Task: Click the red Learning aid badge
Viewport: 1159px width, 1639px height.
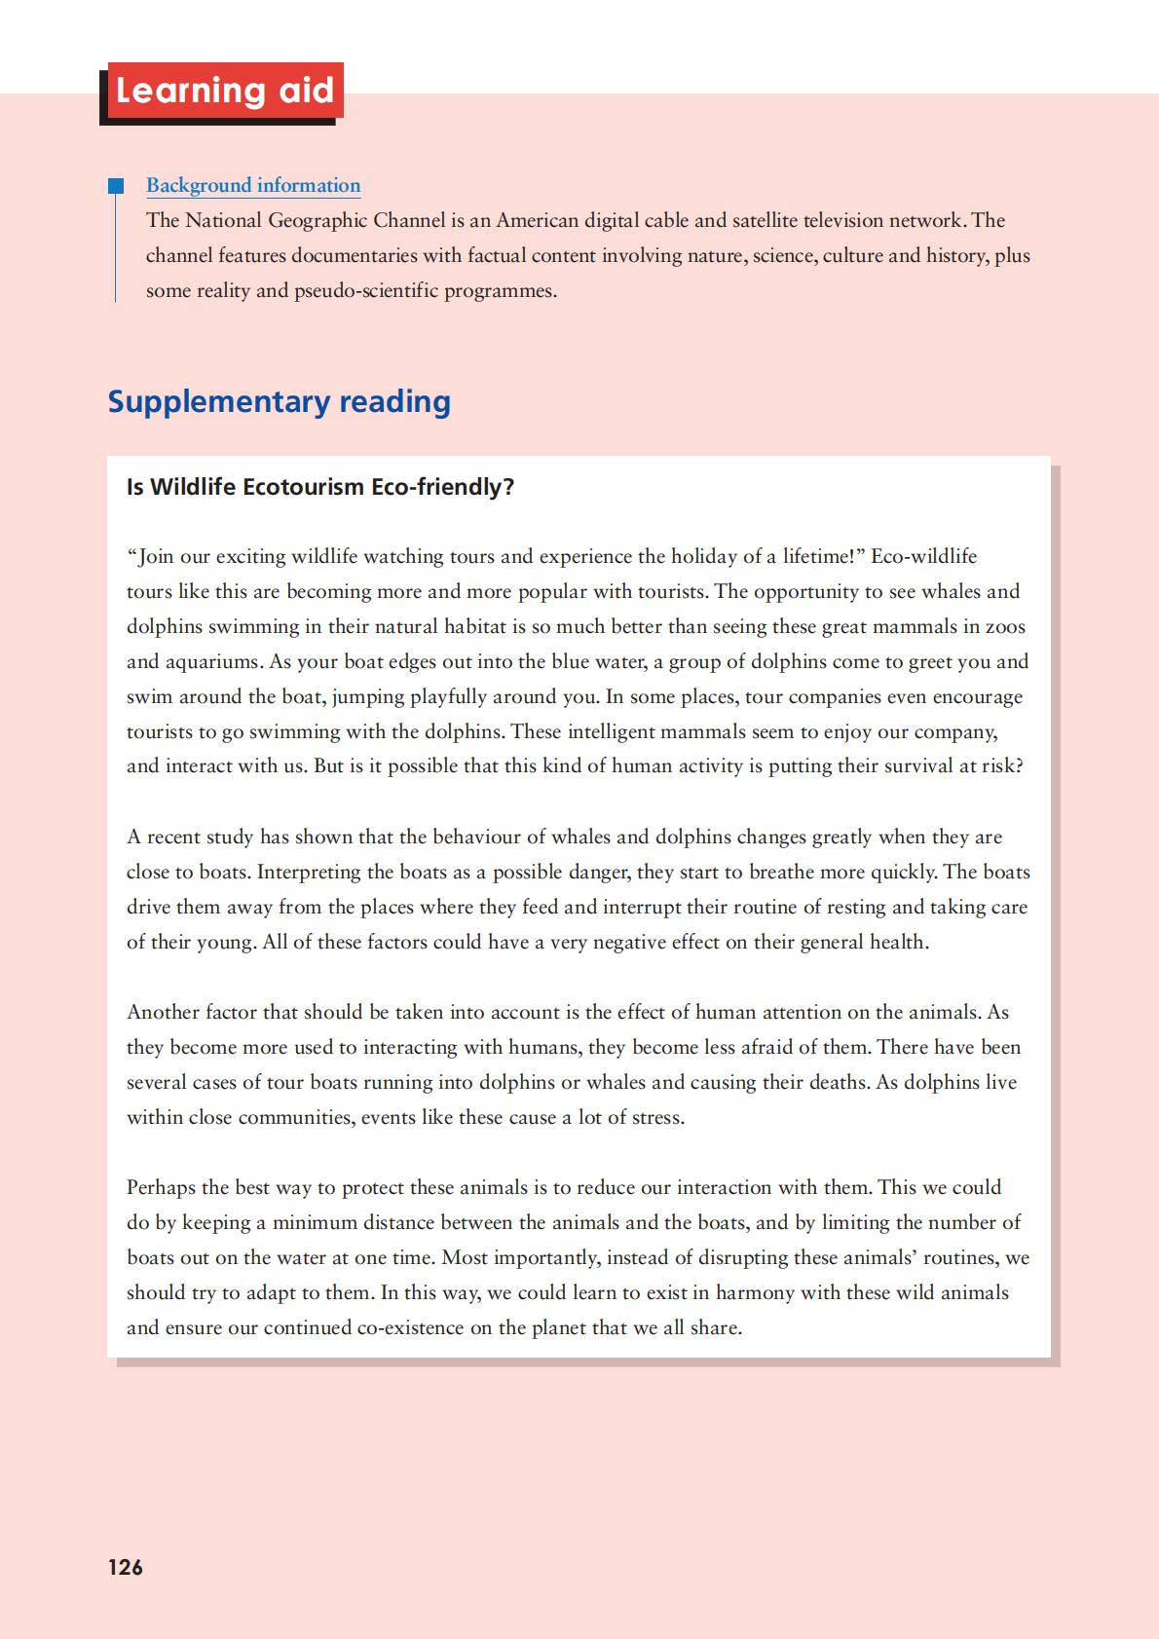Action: pyautogui.click(x=224, y=91)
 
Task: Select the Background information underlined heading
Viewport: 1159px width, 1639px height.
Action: pyautogui.click(x=253, y=185)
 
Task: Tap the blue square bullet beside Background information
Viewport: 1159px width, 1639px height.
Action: pyautogui.click(x=116, y=185)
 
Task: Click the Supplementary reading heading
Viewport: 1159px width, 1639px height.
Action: pyautogui.click(x=279, y=401)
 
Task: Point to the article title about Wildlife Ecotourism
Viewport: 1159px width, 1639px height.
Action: pyautogui.click(x=319, y=487)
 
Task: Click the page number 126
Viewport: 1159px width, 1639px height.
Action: pyautogui.click(x=125, y=1567)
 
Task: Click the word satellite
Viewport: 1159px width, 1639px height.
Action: pyautogui.click(x=770, y=220)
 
